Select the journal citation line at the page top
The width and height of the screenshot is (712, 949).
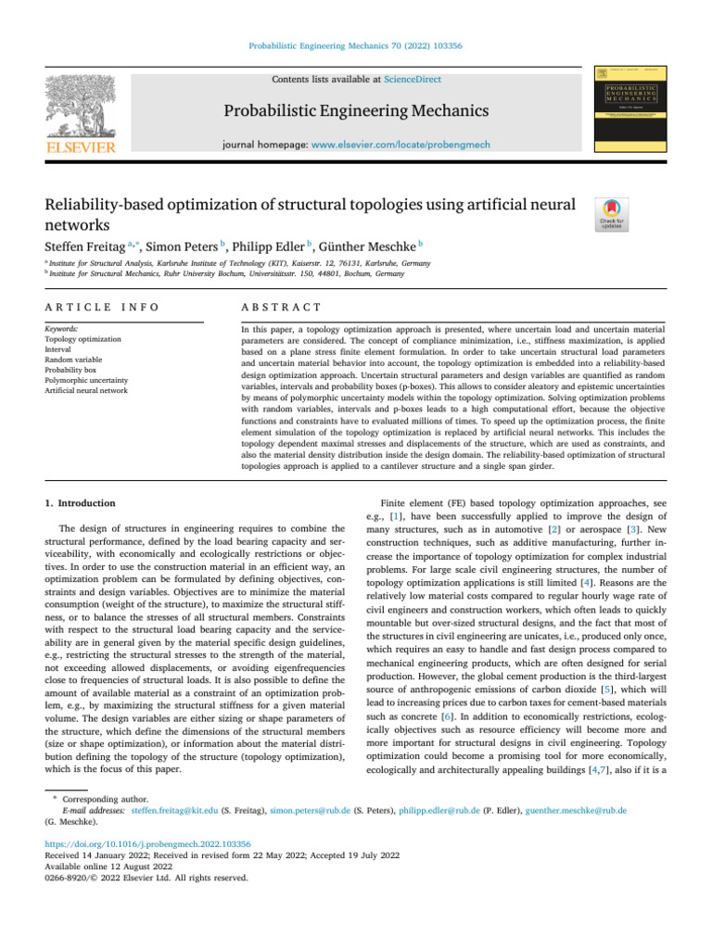(x=355, y=44)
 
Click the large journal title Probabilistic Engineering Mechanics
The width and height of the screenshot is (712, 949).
(x=355, y=112)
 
